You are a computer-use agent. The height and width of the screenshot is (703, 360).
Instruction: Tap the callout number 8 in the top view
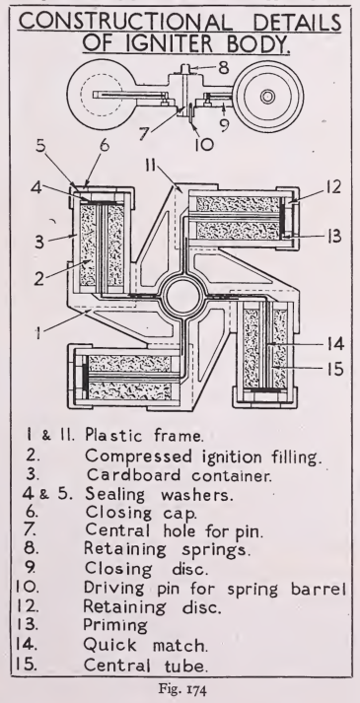click(224, 68)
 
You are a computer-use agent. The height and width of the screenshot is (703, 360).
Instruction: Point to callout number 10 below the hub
click(203, 144)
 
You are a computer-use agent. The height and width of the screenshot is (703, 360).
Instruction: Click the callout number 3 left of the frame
click(39, 242)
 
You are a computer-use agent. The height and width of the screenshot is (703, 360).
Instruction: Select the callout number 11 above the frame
click(150, 167)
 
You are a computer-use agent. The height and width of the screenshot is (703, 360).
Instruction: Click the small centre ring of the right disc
click(268, 97)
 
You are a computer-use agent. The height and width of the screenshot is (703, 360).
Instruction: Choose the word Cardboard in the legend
click(133, 475)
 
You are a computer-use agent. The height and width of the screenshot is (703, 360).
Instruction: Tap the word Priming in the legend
click(115, 625)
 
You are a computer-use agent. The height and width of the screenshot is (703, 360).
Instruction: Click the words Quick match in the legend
click(145, 645)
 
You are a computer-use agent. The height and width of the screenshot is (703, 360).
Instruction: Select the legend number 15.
click(25, 665)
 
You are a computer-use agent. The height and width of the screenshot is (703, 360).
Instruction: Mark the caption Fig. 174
click(180, 688)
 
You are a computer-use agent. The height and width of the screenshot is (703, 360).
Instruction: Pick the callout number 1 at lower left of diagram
click(39, 334)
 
